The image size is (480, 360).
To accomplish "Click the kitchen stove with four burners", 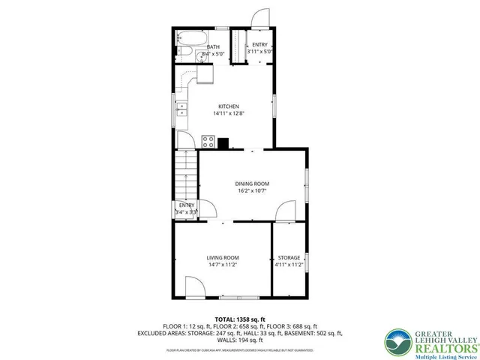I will coord(208,142).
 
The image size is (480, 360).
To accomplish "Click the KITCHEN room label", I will coord(229,106).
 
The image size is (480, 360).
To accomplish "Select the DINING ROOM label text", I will coord(252,184).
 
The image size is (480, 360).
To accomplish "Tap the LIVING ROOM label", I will coord(223,258).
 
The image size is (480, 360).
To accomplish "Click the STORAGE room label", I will coord(288,258).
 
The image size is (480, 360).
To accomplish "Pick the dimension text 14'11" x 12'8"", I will coord(229,113).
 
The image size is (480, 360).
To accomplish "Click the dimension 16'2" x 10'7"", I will coord(252,190).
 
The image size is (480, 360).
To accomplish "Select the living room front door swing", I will coord(193,285).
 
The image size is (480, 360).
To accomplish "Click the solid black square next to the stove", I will coord(223,141).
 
